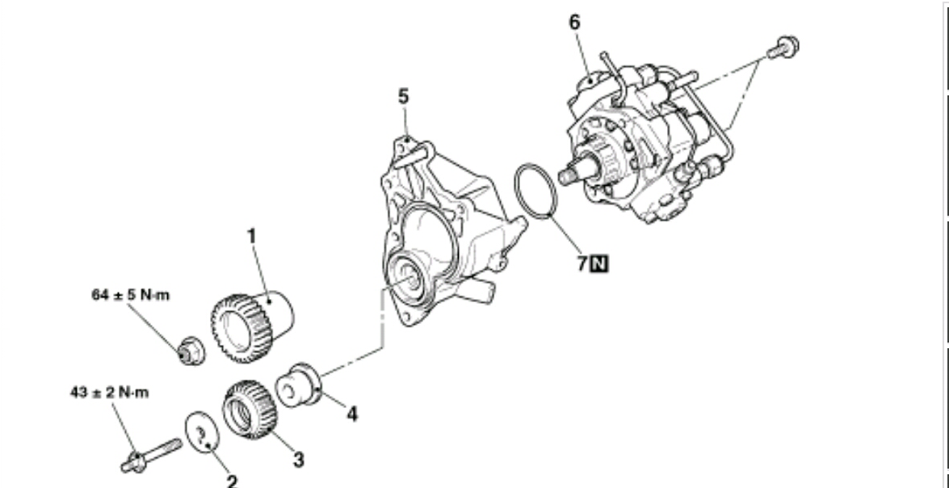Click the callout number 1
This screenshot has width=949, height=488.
pyautogui.click(x=251, y=236)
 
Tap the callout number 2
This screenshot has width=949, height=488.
pyautogui.click(x=232, y=482)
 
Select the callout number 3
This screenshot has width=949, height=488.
pyautogui.click(x=298, y=460)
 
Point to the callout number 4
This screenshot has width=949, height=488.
pyautogui.click(x=351, y=414)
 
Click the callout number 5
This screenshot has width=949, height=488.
pyautogui.click(x=404, y=96)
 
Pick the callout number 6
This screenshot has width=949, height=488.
pyautogui.click(x=574, y=23)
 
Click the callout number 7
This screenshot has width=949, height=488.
pyautogui.click(x=582, y=263)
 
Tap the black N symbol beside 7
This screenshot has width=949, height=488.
pyautogui.click(x=600, y=263)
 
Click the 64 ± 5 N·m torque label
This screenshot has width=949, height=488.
pyautogui.click(x=131, y=295)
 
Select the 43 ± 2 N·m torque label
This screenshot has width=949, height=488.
pyautogui.click(x=110, y=393)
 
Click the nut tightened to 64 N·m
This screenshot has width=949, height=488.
pyautogui.click(x=191, y=351)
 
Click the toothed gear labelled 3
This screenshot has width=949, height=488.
pyautogui.click(x=250, y=410)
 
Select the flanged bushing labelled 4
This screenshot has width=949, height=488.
pyautogui.click(x=298, y=385)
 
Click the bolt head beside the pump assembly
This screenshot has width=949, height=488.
pyautogui.click(x=784, y=47)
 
